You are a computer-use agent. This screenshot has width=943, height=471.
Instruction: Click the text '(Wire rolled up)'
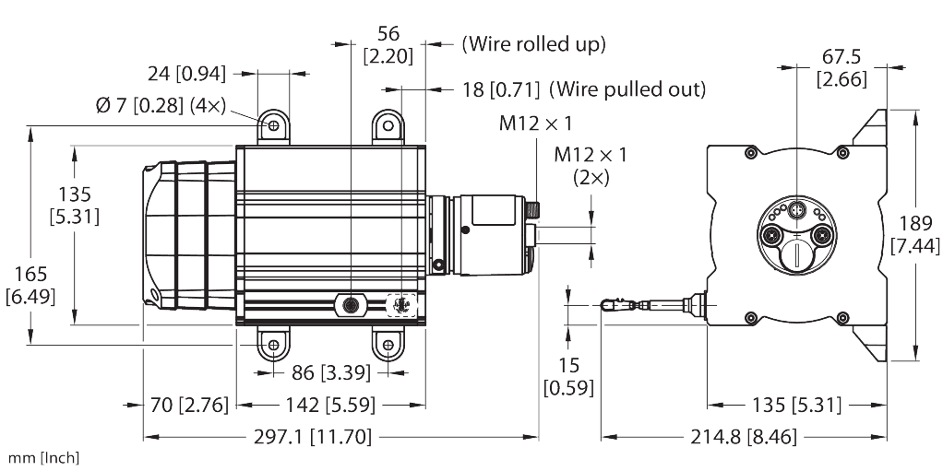(x=533, y=43)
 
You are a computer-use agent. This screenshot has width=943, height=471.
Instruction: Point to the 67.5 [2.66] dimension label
(x=841, y=69)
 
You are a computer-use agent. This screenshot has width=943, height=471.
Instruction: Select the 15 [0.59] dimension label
(x=568, y=375)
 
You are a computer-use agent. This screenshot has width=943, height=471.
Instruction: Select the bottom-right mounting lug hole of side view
(x=388, y=347)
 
